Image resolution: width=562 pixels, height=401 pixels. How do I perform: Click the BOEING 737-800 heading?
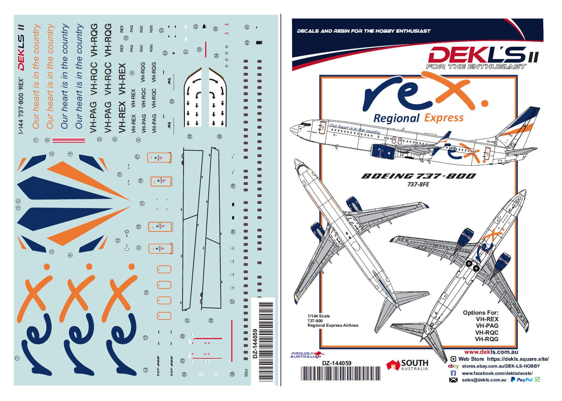click(x=418, y=176)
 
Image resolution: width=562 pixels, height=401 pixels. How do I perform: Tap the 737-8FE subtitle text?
click(x=418, y=184)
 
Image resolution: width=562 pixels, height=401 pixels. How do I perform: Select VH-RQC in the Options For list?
click(x=487, y=333)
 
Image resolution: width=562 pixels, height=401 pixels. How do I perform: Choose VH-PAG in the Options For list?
click(x=487, y=326)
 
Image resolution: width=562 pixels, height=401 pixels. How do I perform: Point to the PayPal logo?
click(x=521, y=380)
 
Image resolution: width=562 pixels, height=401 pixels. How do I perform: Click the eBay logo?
click(x=453, y=366)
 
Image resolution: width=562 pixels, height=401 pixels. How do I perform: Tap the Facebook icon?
click(x=453, y=373)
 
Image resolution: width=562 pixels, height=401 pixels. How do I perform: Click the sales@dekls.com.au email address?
click(x=484, y=380)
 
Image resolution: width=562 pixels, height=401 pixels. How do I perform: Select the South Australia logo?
click(x=408, y=365)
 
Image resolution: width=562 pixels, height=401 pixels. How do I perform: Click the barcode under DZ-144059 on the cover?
click(x=341, y=373)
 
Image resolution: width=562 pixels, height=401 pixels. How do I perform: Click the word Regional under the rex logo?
click(x=396, y=118)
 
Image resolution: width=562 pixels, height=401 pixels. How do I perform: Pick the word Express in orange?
click(x=444, y=118)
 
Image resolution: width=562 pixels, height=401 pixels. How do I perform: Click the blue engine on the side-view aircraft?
click(x=382, y=151)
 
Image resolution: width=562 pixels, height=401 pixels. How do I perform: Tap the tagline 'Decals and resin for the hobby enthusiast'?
click(x=364, y=31)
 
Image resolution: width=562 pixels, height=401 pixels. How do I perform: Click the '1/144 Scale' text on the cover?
click(x=319, y=316)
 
